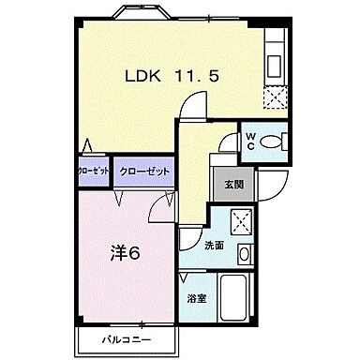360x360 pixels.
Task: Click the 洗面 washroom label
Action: tap(215, 245)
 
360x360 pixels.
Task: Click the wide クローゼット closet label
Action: tap(143, 172)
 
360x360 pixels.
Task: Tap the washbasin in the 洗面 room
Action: tap(244, 252)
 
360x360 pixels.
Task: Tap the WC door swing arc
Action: tap(228, 142)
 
